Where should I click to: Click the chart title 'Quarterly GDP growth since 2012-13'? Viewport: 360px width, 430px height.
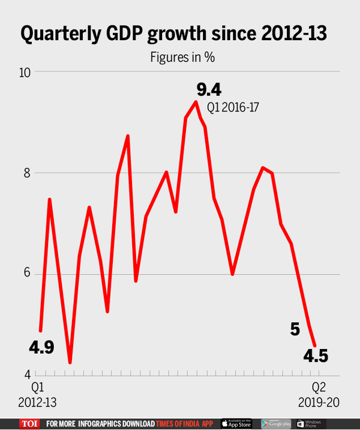coord(173,34)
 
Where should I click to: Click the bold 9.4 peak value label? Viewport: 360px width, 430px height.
coord(209,91)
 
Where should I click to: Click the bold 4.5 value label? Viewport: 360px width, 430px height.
coord(314,356)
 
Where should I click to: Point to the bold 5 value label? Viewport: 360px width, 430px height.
coord(295,329)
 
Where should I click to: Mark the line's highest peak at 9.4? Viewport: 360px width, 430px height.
coord(196,102)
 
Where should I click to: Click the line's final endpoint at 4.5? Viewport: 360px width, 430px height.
coord(315,345)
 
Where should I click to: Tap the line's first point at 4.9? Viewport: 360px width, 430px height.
coord(40,330)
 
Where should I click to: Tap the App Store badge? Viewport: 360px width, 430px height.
coord(237,423)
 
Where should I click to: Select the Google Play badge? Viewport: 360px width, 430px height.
coord(275,423)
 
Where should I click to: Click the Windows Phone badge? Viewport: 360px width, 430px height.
coord(310,423)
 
